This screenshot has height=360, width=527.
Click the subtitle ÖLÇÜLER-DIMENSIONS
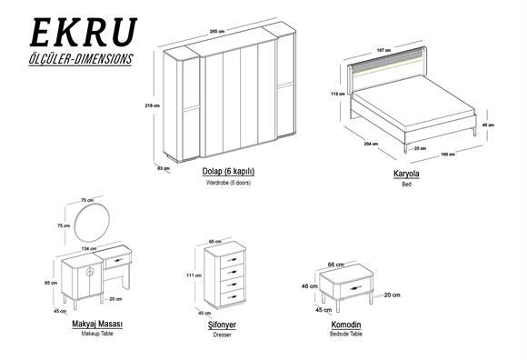point(82,58)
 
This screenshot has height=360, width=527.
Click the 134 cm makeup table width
point(89,245)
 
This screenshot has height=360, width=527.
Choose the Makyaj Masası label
point(97,324)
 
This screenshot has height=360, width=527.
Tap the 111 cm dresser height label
point(194,275)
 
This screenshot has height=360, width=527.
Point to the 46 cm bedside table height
point(310,285)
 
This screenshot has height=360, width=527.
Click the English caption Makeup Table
point(97,335)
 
